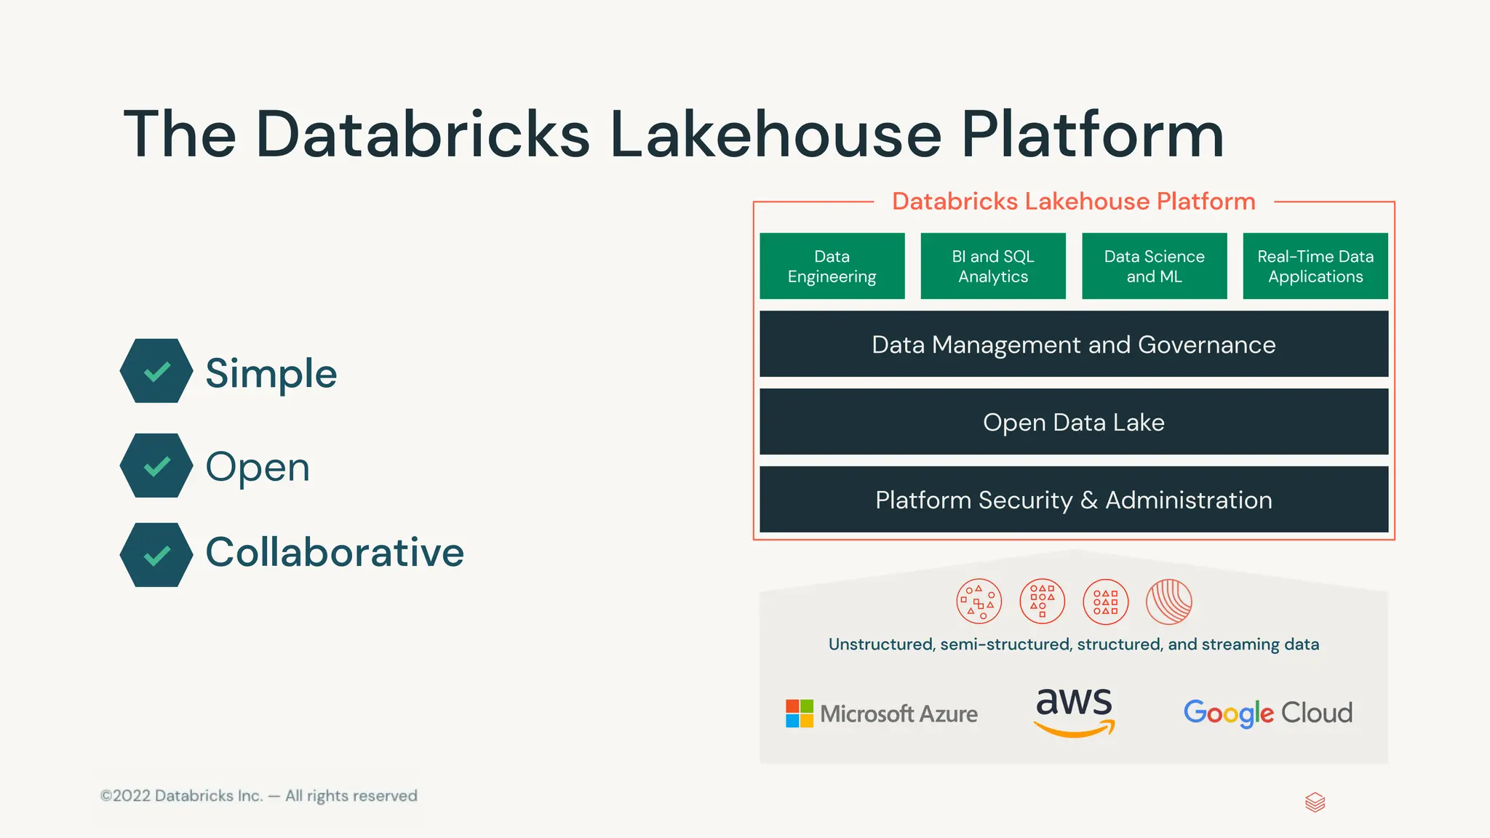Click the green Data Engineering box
click(832, 266)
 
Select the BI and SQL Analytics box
click(993, 266)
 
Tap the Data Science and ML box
click(1154, 266)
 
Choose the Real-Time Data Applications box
click(1315, 266)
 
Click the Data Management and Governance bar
click(1074, 344)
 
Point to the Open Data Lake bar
click(1074, 422)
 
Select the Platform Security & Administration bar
click(1074, 500)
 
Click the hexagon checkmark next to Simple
click(156, 371)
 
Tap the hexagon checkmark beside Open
click(156, 466)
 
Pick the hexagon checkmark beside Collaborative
click(156, 555)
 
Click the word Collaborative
click(335, 552)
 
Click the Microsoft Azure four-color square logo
click(800, 714)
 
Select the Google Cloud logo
click(1267, 713)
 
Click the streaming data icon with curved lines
click(1168, 602)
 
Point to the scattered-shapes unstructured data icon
click(979, 602)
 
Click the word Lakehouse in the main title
click(776, 135)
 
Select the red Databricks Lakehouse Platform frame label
click(1074, 201)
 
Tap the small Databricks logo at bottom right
click(1315, 802)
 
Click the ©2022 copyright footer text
click(259, 796)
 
